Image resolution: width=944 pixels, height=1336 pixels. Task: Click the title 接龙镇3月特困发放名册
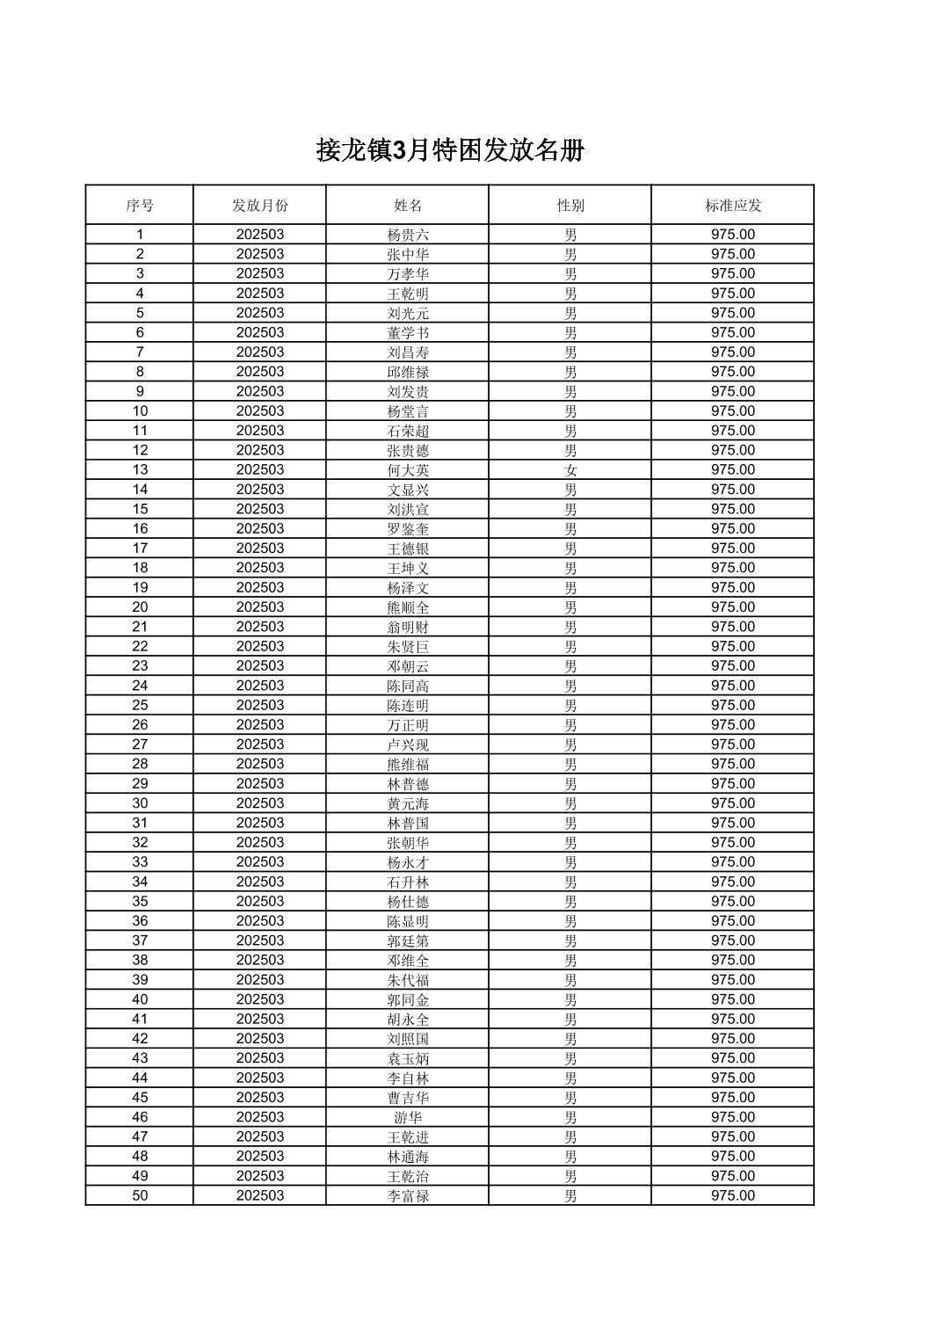[450, 150]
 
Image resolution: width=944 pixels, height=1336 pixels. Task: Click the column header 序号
[140, 206]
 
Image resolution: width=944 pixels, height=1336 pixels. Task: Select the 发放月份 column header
[259, 206]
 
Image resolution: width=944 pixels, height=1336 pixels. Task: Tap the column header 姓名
[408, 206]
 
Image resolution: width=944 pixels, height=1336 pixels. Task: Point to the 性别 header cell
[570, 206]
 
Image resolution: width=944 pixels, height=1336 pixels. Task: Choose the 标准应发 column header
[733, 206]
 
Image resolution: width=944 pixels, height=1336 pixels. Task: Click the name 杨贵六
[408, 235]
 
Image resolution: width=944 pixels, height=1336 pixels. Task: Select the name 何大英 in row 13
[408, 470]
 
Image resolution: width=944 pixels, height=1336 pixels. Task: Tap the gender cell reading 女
[570, 470]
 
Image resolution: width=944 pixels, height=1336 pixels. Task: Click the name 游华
[408, 1117]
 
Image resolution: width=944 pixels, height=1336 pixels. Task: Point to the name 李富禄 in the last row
[408, 1195]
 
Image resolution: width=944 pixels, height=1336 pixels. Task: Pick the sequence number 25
[140, 705]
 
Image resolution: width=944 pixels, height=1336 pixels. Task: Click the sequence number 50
[140, 1195]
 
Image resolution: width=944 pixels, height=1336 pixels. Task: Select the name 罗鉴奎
[408, 529]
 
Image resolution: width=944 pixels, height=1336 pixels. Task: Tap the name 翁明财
[408, 627]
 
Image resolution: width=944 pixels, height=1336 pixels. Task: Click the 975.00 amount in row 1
[733, 235]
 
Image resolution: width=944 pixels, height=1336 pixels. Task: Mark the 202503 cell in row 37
[259, 940]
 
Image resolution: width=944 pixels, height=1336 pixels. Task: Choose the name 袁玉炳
[408, 1058]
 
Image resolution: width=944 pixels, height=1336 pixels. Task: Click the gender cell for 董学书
[570, 333]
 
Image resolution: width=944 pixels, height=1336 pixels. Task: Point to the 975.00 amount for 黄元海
[733, 803]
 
